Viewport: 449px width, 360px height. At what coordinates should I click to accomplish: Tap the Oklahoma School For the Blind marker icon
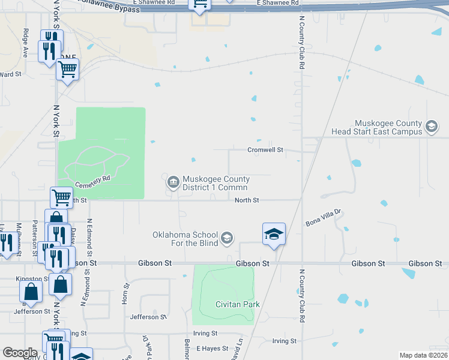pyautogui.click(x=226, y=239)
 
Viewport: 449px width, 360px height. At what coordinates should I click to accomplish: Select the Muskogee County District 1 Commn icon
pyautogui.click(x=173, y=181)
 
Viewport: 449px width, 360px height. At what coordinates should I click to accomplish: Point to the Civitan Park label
pyautogui.click(x=238, y=305)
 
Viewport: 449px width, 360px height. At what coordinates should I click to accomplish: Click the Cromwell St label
pyautogui.click(x=265, y=150)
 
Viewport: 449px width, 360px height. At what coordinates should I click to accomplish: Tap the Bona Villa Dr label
pyautogui.click(x=323, y=217)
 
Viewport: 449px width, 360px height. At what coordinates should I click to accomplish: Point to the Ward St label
pyautogui.click(x=11, y=74)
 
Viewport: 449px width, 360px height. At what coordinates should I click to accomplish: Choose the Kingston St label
pyautogui.click(x=32, y=279)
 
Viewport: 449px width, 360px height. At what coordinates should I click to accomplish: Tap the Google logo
pyautogui.click(x=20, y=353)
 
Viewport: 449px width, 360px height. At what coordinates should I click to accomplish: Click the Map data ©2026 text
pyautogui.click(x=423, y=355)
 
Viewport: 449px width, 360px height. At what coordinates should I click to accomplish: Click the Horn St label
pyautogui.click(x=126, y=295)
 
